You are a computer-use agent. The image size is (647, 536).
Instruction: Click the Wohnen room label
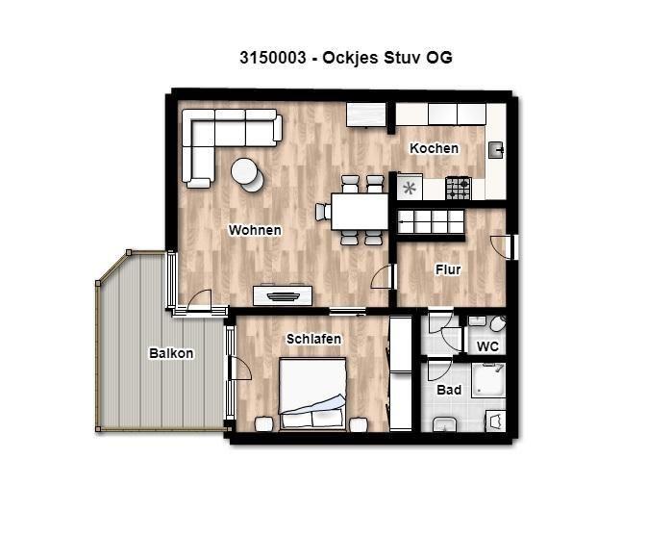[x=255, y=230]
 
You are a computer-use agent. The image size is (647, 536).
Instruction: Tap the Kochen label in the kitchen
[x=434, y=148]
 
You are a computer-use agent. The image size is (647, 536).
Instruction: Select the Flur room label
[x=448, y=269]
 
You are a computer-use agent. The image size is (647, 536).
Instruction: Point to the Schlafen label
[x=313, y=339]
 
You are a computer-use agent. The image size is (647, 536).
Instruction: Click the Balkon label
[x=171, y=353]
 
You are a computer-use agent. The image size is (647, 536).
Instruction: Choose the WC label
[x=487, y=346]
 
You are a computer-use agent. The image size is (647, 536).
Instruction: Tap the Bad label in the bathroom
[x=449, y=390]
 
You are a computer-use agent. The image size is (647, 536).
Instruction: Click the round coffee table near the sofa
[x=248, y=175]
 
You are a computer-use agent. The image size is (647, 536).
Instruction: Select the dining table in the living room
[x=360, y=212]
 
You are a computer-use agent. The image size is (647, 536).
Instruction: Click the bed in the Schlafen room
[x=312, y=394]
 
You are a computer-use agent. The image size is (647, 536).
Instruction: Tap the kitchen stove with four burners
[x=458, y=189]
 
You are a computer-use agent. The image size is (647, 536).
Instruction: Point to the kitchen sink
[x=496, y=150]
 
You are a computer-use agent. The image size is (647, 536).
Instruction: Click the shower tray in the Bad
[x=488, y=380]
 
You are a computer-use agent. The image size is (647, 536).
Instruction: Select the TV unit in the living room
[x=283, y=294]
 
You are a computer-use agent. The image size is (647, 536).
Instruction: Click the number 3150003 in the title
[x=273, y=58]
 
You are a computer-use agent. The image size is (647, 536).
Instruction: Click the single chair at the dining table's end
[x=323, y=212]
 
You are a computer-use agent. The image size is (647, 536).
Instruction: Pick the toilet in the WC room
[x=498, y=324]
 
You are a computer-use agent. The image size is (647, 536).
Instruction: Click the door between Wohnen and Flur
[x=385, y=277]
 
